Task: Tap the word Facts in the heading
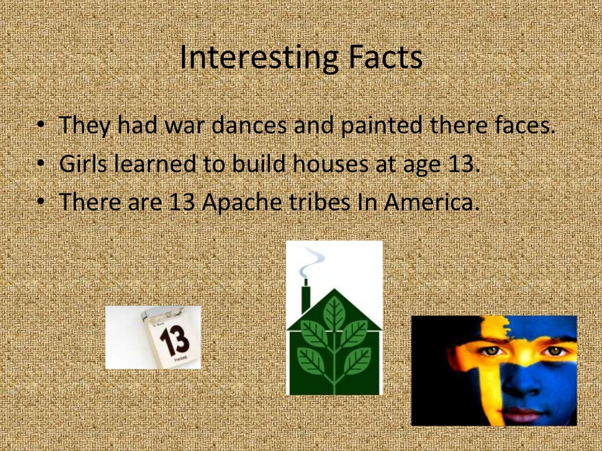pos(384,58)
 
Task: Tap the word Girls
pos(82,164)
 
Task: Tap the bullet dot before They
pos(40,126)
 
